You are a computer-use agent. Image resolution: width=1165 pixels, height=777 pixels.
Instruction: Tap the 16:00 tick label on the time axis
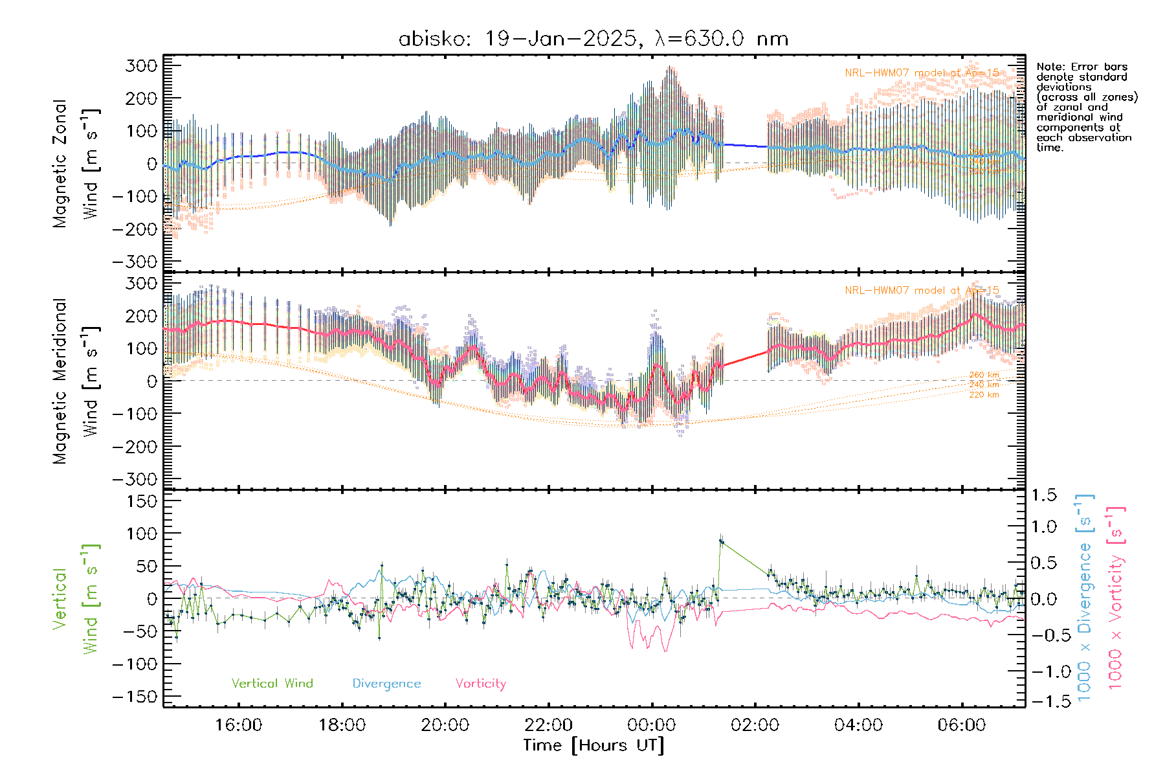pos(239,725)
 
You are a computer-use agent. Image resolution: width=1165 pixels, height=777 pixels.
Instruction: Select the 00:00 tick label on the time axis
pos(652,725)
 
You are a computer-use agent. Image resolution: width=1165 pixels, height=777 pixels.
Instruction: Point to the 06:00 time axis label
pos(962,725)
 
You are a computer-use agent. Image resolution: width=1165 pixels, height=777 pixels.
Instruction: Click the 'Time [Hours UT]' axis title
pos(594,745)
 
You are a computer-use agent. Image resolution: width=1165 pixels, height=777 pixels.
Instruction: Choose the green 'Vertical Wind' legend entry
pos(272,683)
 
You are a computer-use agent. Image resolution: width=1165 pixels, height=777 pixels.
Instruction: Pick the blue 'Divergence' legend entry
pos(386,683)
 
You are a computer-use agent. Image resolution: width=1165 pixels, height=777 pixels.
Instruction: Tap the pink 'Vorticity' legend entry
pos(480,683)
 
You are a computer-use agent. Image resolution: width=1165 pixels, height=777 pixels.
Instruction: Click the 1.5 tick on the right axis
pos(1044,495)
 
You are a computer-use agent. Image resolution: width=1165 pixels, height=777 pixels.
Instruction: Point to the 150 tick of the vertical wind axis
pos(142,501)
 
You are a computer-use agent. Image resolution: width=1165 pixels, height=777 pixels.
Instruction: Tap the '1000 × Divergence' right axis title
pos(1085,597)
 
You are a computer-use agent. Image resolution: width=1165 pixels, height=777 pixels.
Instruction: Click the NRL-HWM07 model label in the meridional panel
pos(922,291)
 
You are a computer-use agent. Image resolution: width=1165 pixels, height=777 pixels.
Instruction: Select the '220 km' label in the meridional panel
pos(984,394)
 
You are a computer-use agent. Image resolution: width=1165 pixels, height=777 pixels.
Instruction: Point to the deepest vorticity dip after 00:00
pos(665,650)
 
